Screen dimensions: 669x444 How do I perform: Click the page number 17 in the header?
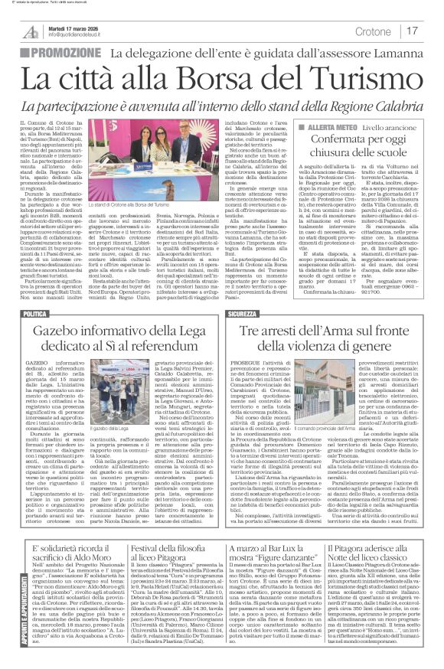(x=413, y=31)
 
